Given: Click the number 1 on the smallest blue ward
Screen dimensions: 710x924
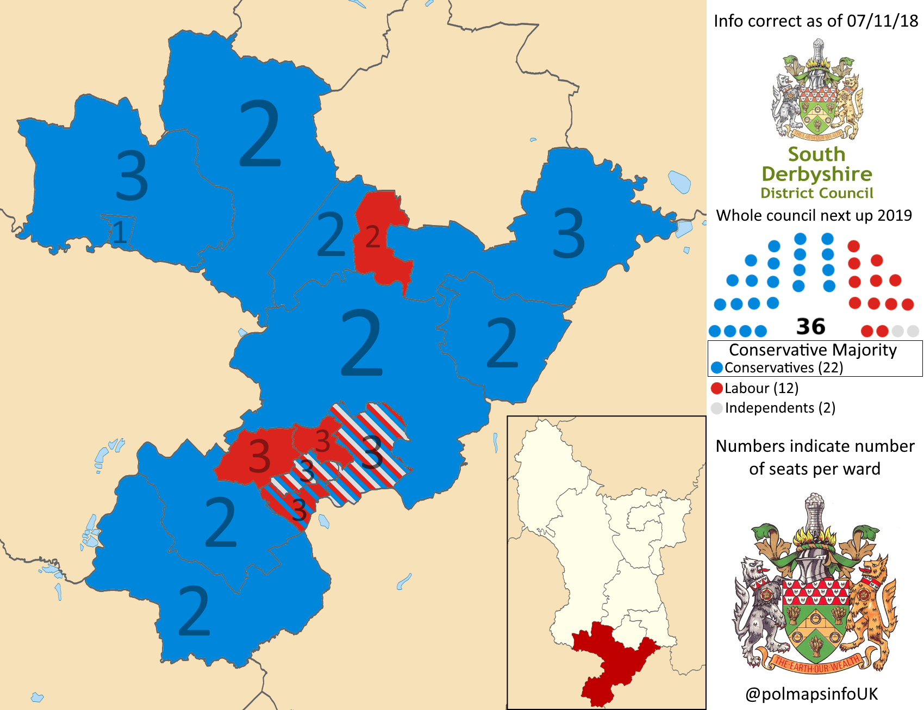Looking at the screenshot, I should click(120, 232).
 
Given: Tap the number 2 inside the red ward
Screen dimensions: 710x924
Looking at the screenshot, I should click(372, 237).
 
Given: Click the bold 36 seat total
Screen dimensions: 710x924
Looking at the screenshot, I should click(810, 327).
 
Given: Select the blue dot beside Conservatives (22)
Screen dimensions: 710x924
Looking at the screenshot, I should click(717, 368).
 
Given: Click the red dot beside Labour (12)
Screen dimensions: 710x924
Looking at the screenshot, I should click(717, 388).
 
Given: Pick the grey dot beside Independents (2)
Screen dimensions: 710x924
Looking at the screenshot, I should click(717, 408).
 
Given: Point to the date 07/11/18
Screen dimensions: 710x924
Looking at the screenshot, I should click(882, 21).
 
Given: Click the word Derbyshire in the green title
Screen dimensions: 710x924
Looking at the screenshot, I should click(816, 174).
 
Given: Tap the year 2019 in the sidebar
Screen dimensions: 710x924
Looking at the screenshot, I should click(894, 215).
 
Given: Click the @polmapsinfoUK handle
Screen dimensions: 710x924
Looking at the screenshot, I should click(811, 694).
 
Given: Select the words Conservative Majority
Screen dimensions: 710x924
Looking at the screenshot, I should click(813, 350).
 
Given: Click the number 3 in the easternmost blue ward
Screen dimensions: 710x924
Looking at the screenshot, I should click(569, 234).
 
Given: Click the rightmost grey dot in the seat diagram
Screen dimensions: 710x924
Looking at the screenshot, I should click(913, 331).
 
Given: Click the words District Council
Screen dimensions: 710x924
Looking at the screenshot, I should click(816, 194).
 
